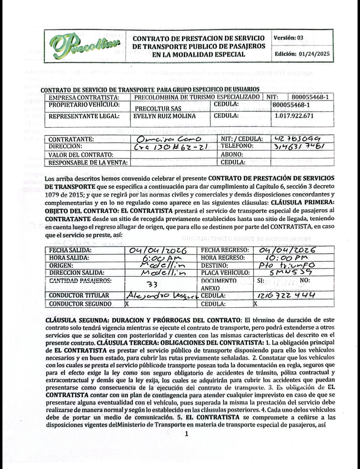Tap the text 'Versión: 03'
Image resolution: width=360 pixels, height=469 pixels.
(289, 38)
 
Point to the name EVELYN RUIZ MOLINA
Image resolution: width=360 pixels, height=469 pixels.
(164, 116)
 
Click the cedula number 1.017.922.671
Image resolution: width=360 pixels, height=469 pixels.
(294, 116)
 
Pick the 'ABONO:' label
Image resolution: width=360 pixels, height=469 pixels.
(232, 155)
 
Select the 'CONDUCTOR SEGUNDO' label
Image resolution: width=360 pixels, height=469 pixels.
(80, 304)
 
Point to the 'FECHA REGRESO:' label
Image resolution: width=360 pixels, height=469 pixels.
(225, 250)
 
